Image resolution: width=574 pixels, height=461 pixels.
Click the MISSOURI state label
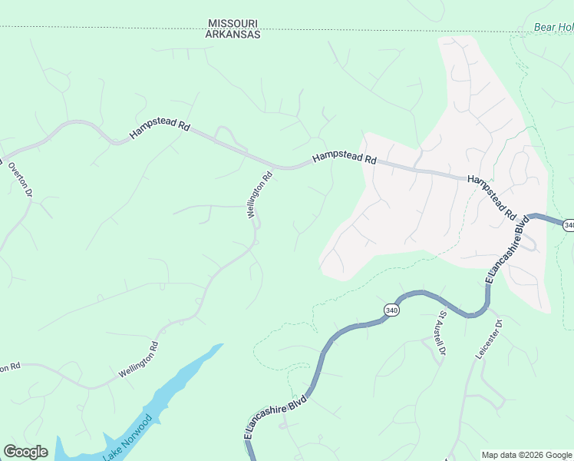pos(234,24)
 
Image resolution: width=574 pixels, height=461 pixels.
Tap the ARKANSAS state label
pos(234,35)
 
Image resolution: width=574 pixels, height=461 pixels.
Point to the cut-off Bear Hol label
pos(553,28)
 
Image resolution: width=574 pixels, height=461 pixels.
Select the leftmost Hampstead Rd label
pos(160,127)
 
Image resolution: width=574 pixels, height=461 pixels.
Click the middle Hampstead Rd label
pos(345,160)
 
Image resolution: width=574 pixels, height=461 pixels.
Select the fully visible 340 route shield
pos(391,310)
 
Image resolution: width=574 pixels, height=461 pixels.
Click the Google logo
pos(25,452)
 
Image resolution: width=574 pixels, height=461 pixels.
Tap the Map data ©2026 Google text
pos(526,455)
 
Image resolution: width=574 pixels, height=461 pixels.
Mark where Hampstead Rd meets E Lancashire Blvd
pos(529,216)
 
